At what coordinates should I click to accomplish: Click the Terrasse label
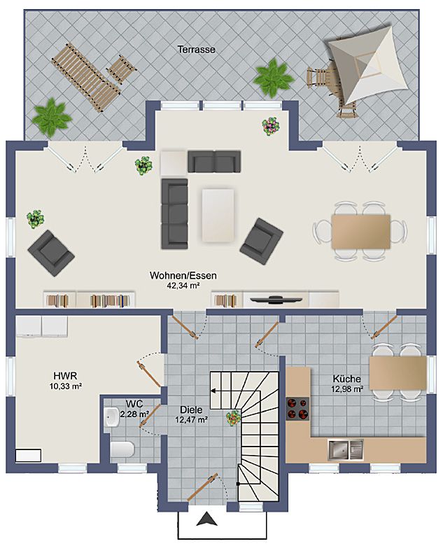point(197,49)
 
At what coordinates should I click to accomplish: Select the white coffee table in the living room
point(218,216)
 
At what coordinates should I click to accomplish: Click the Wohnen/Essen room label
point(183,276)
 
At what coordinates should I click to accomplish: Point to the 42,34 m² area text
point(183,286)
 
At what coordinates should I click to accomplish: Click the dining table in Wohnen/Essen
point(360,232)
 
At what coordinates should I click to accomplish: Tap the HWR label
point(65,376)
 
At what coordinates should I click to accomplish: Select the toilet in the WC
point(122,449)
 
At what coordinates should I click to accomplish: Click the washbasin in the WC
point(112,417)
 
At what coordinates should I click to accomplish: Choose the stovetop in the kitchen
point(297,409)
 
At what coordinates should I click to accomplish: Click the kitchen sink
point(346,449)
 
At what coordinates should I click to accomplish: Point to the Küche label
point(346,379)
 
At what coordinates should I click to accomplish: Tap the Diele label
point(191,410)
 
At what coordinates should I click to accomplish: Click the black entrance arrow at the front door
point(207,519)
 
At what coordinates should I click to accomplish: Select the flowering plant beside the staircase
point(234,418)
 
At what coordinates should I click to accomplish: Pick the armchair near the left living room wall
point(51,253)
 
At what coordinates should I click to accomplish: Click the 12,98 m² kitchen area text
point(347,389)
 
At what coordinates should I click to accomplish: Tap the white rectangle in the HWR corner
point(28,456)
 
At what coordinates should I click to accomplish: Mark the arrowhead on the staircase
point(213,391)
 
